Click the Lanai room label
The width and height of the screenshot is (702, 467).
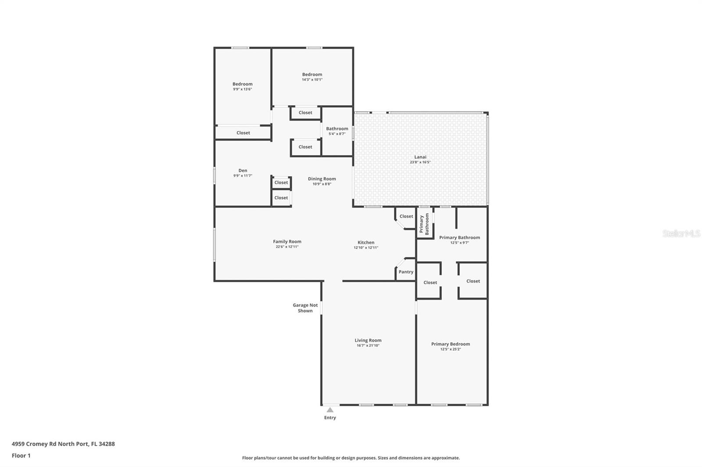[x=420, y=157]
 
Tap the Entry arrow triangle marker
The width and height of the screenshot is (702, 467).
[x=330, y=410]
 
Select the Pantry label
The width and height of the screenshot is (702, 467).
[x=406, y=272]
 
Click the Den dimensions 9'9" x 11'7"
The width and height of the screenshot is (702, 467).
[x=243, y=176]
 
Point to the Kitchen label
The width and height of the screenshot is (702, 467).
[x=366, y=242]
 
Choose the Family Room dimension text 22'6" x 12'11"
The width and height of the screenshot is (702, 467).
[x=287, y=247]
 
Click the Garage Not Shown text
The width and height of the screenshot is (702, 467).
[x=305, y=308]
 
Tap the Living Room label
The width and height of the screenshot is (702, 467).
[x=368, y=340]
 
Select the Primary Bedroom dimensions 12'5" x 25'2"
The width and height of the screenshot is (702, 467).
[x=451, y=349]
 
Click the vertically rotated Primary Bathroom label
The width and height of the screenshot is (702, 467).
[x=424, y=224]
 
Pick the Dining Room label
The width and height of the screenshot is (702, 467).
[x=322, y=179]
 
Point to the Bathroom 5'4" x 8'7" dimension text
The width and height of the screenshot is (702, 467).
[x=337, y=134]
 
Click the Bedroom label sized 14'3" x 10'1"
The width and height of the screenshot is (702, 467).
[x=312, y=74]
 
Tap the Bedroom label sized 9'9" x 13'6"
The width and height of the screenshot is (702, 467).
[x=243, y=84]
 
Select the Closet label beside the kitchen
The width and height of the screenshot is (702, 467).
[x=406, y=216]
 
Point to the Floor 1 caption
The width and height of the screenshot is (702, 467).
[x=21, y=456]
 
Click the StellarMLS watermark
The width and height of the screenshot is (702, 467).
[x=681, y=233]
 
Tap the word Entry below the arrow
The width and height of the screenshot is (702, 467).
[x=330, y=417]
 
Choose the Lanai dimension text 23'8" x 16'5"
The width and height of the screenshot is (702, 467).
[x=420, y=162]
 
